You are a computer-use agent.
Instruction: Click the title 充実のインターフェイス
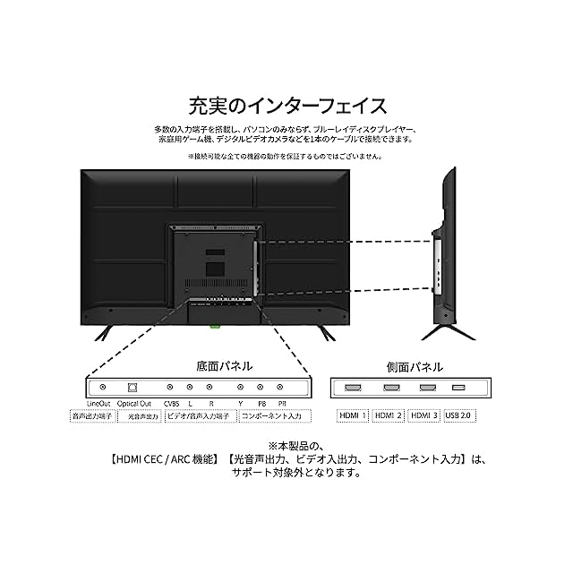point(286,107)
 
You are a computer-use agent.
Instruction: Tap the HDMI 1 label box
point(351,415)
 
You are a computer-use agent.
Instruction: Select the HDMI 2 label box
point(389,415)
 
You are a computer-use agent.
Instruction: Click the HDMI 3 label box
point(425,415)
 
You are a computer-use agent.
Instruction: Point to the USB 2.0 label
point(459,415)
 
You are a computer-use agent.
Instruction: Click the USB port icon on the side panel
point(458,388)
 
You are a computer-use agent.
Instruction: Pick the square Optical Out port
point(133,387)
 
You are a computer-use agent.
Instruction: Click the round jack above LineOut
point(103,387)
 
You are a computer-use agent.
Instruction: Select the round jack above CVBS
point(171,387)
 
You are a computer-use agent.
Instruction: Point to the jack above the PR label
point(280,387)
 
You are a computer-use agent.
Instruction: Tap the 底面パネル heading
point(225,366)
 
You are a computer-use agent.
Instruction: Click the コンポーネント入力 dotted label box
point(274,416)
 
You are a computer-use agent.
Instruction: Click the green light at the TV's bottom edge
point(215,326)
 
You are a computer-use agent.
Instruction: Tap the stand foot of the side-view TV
point(447,331)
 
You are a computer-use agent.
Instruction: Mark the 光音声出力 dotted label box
point(141,416)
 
